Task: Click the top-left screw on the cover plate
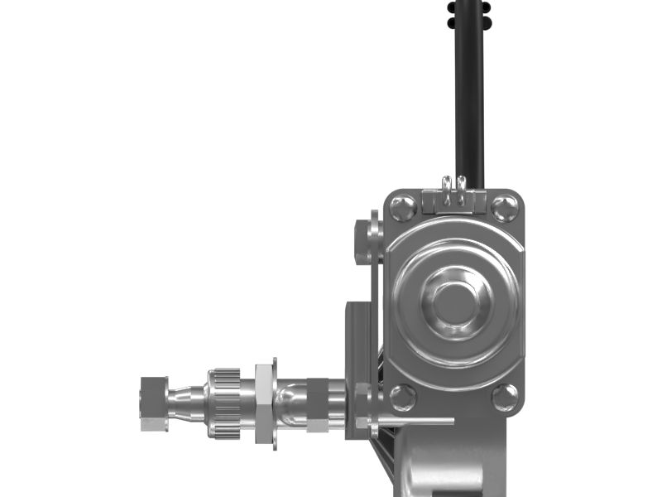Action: pos(403,207)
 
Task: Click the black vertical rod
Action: pos(468,99)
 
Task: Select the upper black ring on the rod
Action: pos(468,6)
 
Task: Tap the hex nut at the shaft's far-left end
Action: pos(154,403)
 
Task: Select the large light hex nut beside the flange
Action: pos(265,403)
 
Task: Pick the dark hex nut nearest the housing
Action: pos(319,404)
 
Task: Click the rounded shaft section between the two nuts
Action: pos(290,403)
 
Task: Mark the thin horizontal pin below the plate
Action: pos(414,421)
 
